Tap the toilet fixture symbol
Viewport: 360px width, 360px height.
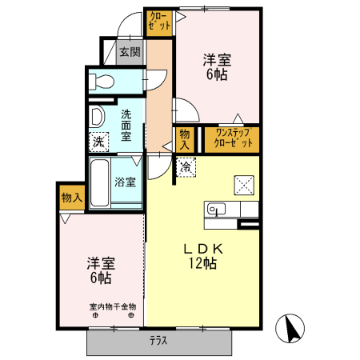point(100,80)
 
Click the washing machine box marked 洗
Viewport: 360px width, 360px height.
point(98,142)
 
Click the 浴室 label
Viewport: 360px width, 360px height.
point(126,182)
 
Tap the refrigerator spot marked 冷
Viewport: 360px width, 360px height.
point(185,167)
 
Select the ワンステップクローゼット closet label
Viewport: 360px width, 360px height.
point(230,138)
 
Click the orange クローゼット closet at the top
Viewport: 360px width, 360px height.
point(159,22)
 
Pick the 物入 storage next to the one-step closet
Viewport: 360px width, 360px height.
point(185,139)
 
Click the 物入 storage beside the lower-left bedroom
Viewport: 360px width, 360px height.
point(70,197)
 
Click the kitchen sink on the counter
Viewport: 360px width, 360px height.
point(217,210)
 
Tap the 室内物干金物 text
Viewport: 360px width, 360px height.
point(112,306)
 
